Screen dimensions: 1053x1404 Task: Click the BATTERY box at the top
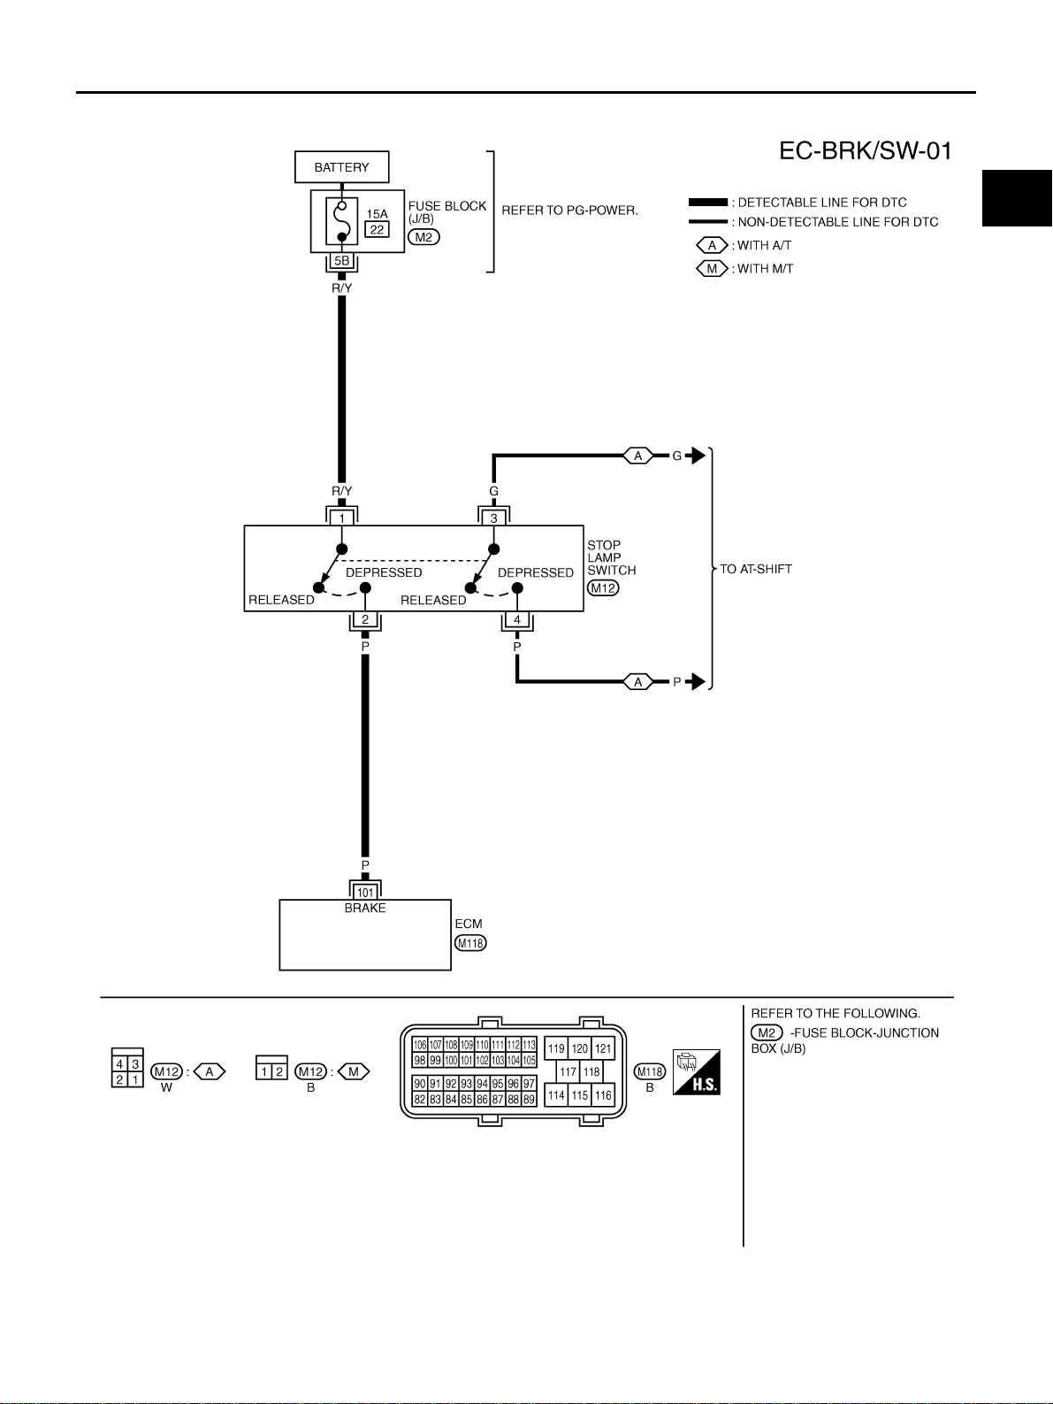point(342,167)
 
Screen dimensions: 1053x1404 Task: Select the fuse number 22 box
point(377,230)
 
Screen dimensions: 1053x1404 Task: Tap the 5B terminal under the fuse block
point(342,261)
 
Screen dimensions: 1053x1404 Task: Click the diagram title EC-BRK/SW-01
point(866,151)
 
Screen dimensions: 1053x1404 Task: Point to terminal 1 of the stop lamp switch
point(342,518)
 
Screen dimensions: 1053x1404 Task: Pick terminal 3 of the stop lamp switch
point(494,518)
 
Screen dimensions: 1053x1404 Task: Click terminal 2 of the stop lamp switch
point(365,619)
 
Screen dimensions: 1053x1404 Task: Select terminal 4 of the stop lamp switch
point(517,619)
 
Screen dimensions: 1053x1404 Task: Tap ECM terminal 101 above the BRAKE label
point(365,893)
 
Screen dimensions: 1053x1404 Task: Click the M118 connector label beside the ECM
point(471,943)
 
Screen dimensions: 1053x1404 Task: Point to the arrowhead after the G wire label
point(697,456)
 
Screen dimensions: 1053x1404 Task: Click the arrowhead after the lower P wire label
point(697,682)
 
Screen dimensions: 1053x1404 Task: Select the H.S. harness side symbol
point(697,1072)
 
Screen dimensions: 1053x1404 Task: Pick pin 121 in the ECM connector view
point(603,1048)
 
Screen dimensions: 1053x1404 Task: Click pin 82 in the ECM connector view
point(420,1100)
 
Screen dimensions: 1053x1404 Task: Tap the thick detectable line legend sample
point(708,202)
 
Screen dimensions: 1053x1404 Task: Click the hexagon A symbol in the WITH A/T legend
point(712,246)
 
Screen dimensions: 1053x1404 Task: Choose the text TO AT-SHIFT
point(756,569)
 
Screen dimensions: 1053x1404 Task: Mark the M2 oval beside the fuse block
point(424,237)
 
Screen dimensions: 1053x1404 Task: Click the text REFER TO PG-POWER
point(570,211)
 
